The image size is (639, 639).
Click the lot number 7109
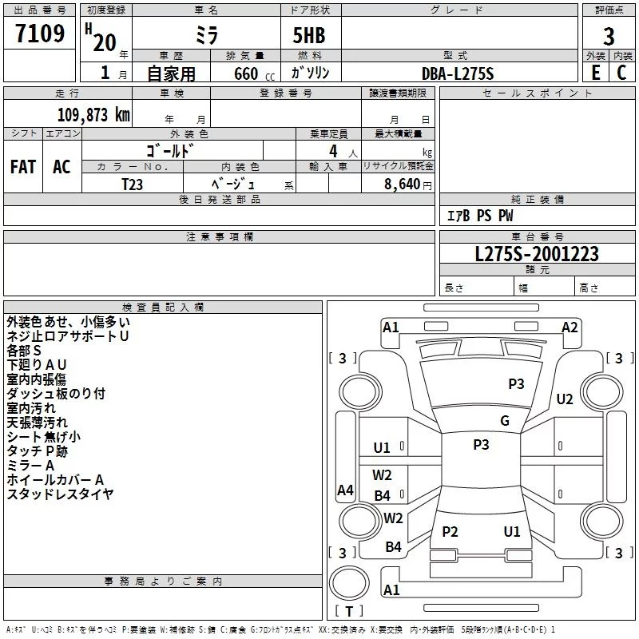click(x=40, y=35)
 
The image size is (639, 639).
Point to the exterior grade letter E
click(x=595, y=73)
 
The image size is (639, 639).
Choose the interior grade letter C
click(x=621, y=73)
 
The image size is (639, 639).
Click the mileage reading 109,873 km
click(x=93, y=114)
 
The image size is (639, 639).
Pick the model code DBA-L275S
click(x=458, y=73)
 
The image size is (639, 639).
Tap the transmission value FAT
click(x=23, y=167)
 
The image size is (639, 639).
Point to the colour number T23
click(x=132, y=184)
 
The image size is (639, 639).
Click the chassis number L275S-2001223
click(x=537, y=254)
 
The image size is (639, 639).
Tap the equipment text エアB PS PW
click(x=479, y=216)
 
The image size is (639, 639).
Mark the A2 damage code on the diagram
click(x=570, y=327)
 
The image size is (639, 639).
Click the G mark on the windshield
click(x=505, y=421)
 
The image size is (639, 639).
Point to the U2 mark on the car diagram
click(x=565, y=399)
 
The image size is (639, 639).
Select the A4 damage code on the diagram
click(x=345, y=490)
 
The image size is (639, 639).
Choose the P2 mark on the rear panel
click(x=450, y=532)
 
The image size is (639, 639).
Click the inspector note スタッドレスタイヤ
click(x=60, y=494)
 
